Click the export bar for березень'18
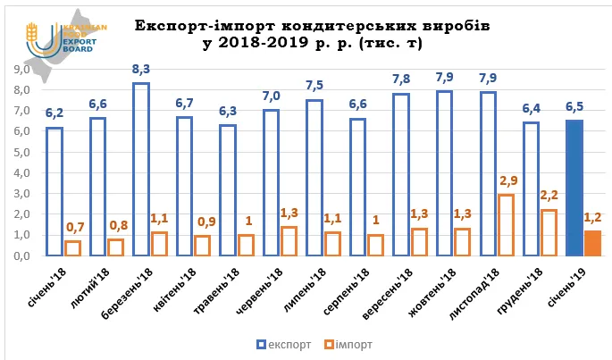(x=141, y=170)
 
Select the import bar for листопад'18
(x=507, y=225)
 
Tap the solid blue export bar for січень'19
(x=575, y=188)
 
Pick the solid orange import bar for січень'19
(x=593, y=243)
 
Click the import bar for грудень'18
(x=549, y=232)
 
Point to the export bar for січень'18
(x=54, y=191)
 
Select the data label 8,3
(x=141, y=68)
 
